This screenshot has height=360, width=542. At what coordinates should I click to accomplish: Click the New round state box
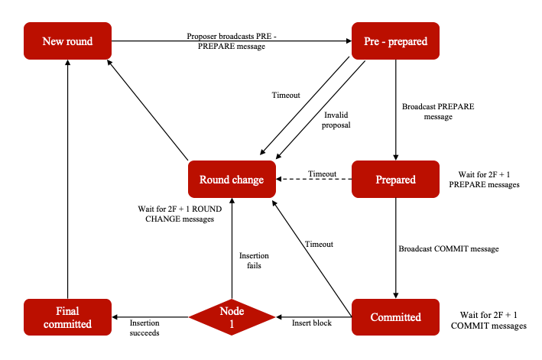point(68,41)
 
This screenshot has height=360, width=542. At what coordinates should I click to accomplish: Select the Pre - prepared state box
point(394,41)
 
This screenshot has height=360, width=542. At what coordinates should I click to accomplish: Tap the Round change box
point(232,180)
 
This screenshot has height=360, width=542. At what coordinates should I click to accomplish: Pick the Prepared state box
point(394,180)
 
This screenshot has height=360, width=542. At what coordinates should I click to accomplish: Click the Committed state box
point(394,316)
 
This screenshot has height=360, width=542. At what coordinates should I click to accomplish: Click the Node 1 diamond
point(232,316)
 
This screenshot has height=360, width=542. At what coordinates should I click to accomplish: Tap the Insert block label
point(312,323)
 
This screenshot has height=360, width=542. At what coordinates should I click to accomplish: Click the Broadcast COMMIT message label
point(448,249)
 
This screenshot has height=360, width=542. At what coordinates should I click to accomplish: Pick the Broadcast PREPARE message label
point(438,112)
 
